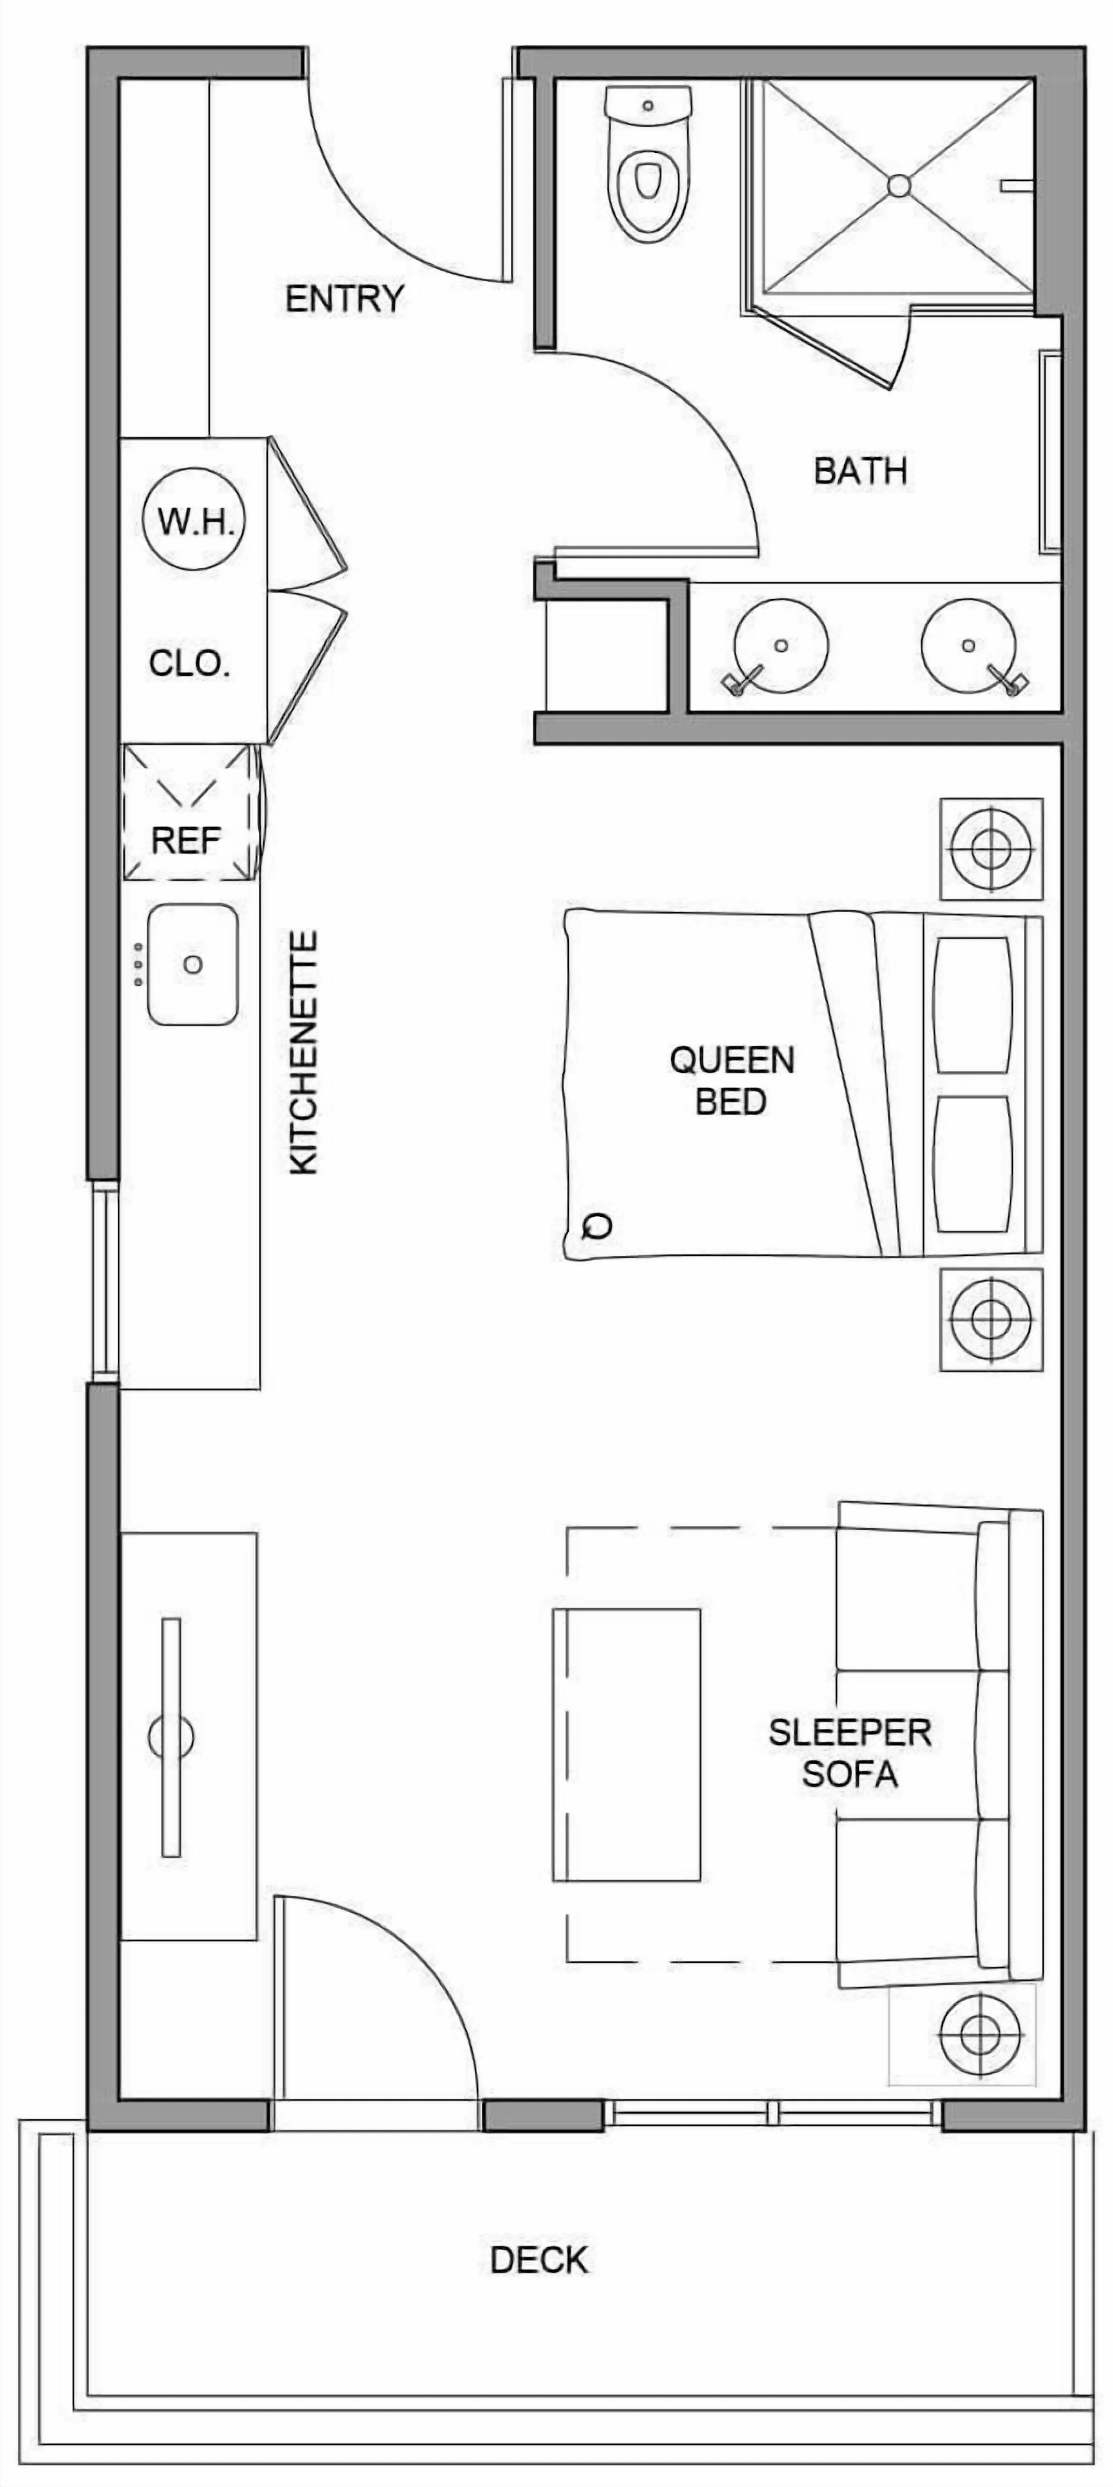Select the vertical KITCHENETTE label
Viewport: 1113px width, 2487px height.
[304, 1052]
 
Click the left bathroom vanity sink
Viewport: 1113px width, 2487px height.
[781, 646]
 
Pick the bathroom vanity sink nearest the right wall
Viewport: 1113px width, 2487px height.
[968, 646]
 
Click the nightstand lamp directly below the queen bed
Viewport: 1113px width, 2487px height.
[990, 1319]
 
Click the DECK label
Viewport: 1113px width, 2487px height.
[539, 2260]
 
